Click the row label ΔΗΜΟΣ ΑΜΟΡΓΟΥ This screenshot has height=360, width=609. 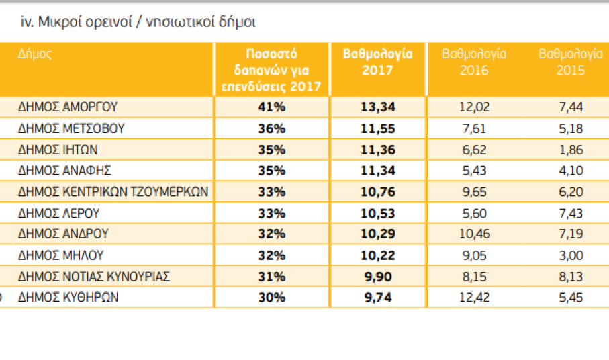tap(68, 106)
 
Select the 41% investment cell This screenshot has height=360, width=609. tap(271, 106)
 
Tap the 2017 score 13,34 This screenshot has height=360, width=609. tap(377, 106)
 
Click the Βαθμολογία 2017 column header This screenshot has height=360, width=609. tap(377, 61)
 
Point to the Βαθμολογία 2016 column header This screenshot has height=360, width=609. tap(474, 61)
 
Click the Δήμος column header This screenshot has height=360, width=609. tap(34, 54)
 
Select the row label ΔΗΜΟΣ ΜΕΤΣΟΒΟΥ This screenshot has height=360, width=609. tap(71, 128)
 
